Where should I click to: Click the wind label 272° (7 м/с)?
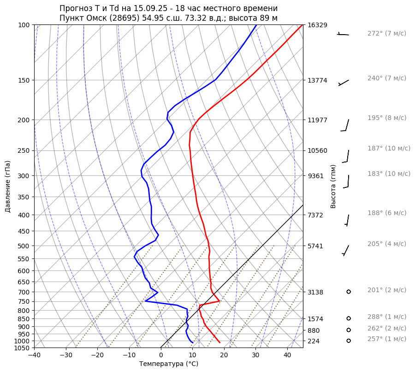coord(386,34)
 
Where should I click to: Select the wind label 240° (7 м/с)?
coord(386,78)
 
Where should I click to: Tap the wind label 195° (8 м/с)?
coord(386,118)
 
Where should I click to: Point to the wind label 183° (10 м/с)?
coord(388,174)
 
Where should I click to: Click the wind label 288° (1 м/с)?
coord(386,317)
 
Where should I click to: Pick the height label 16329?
coord(317,25)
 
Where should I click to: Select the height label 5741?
coord(315,246)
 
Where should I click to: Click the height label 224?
coord(314,341)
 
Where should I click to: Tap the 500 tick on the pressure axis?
coord(24,246)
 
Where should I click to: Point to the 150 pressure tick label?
coord(24,80)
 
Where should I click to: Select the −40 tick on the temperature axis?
coord(34,355)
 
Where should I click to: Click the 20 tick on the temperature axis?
coord(224,355)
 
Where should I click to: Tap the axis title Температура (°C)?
coord(169,364)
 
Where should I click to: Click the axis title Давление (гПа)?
coord(8,186)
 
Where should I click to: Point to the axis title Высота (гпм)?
coord(333,186)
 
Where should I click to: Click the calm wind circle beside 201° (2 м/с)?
coord(349,292)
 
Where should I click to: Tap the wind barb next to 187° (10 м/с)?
coord(346,156)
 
